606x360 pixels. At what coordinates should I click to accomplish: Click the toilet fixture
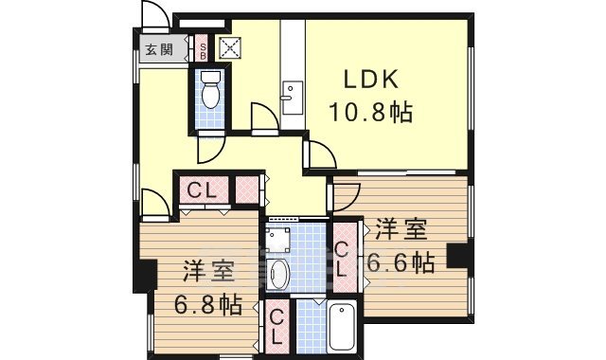click(211, 90)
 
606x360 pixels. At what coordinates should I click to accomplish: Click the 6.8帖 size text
click(207, 305)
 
